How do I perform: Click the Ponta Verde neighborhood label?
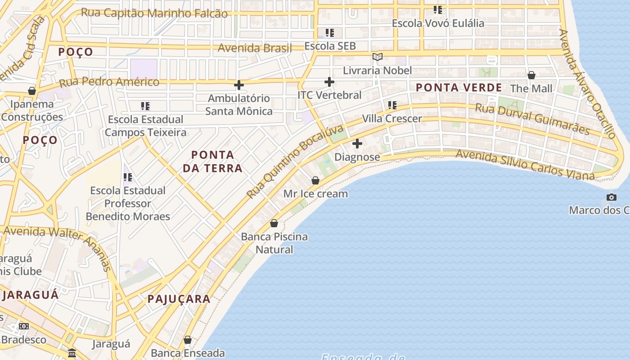pos(459,88)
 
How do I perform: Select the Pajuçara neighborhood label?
pos(179,299)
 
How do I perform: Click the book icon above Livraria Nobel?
pos(378,57)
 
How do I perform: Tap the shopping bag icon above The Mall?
pos(531,75)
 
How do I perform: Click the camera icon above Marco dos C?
pos(611,197)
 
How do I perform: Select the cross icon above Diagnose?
pos(357,144)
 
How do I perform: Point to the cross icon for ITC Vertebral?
pos(329,82)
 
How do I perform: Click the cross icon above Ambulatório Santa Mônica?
pos(239,85)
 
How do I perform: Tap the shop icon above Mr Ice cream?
pos(315,180)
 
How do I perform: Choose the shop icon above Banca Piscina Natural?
pos(274,223)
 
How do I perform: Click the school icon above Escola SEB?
pos(330,33)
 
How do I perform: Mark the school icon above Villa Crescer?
pos(392,105)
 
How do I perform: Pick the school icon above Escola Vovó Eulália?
pos(438,9)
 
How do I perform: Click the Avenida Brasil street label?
pos(255,48)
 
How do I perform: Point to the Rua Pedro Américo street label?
pos(109,82)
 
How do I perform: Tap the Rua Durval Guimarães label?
pos(532,119)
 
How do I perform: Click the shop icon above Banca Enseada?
pos(188,340)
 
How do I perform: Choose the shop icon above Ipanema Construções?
pos(32,91)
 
